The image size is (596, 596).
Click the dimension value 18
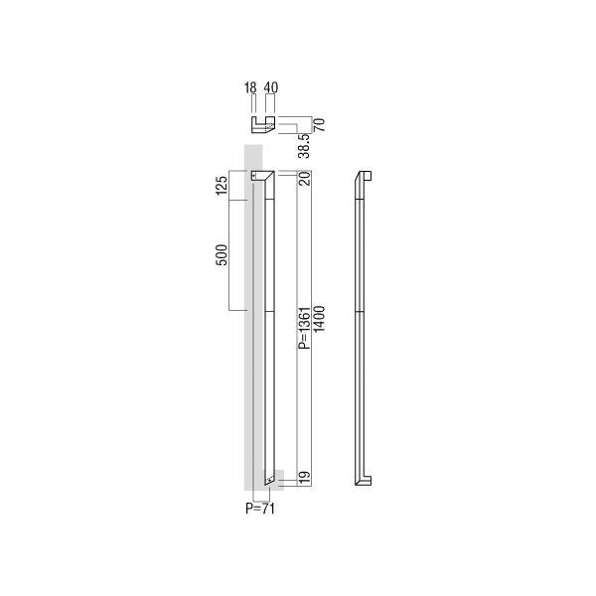tap(250, 87)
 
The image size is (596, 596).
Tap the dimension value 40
tap(271, 87)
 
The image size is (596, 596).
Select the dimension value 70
tap(319, 125)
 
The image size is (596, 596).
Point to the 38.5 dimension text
tap(304, 146)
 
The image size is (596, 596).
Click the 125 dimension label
tap(222, 186)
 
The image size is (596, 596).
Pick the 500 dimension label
tap(222, 254)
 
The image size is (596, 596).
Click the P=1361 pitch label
tap(305, 328)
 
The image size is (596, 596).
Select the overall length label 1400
tap(319, 319)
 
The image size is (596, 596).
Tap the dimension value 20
tap(305, 178)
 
